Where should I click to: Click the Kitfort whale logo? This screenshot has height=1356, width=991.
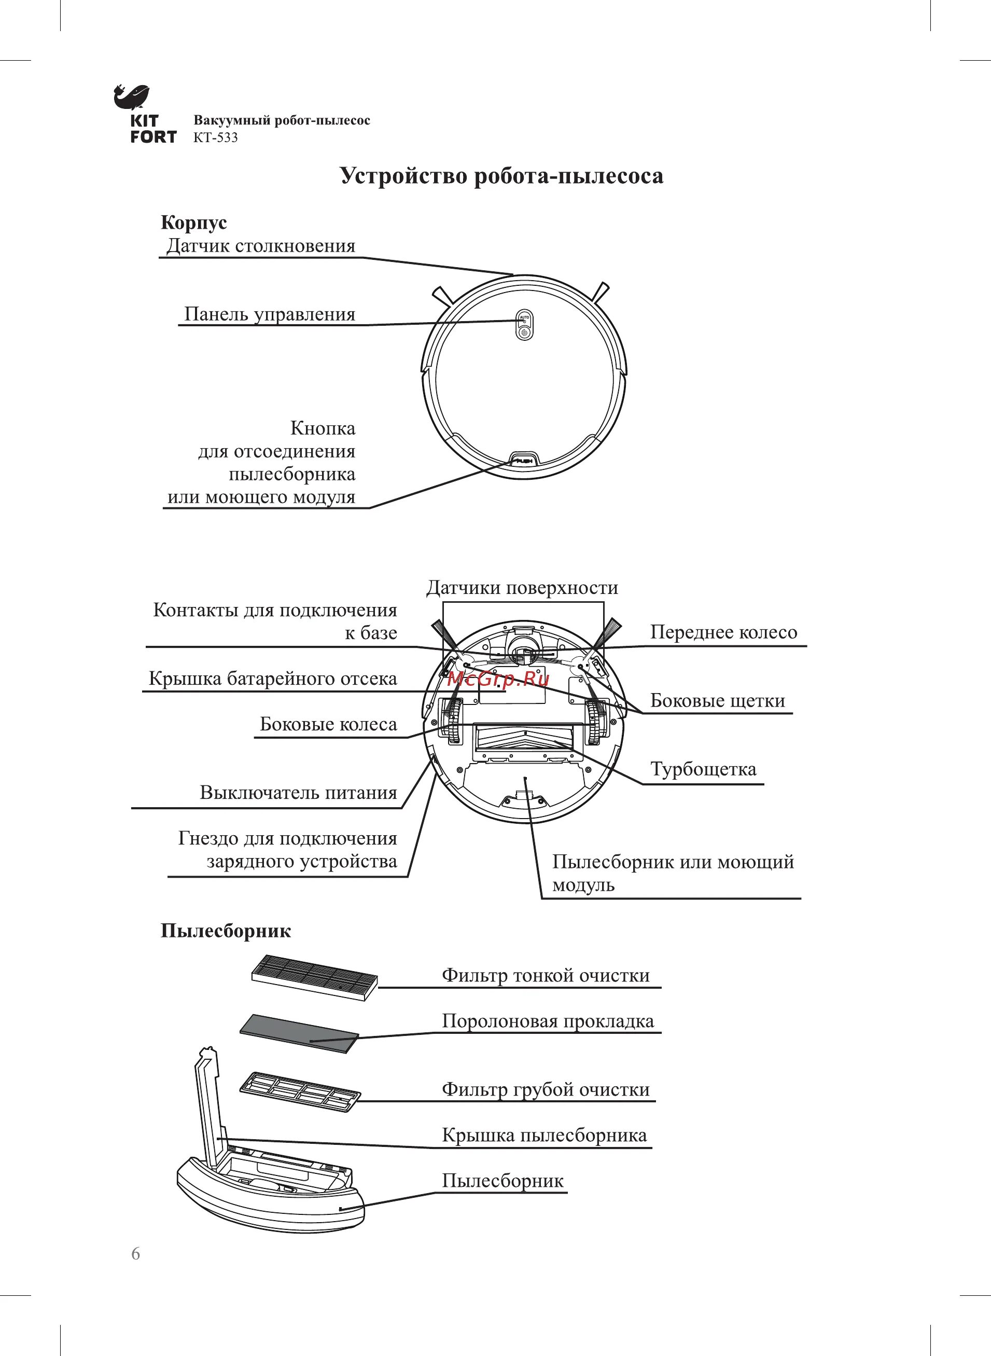(x=131, y=97)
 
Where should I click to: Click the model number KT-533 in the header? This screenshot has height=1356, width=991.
(x=215, y=137)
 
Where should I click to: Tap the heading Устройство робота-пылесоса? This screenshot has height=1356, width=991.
(x=501, y=176)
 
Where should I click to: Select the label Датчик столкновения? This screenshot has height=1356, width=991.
(x=260, y=245)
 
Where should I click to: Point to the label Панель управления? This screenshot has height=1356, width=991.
(x=269, y=314)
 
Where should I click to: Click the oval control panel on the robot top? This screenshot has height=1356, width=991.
(x=524, y=325)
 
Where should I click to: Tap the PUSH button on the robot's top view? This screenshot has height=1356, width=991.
(x=524, y=461)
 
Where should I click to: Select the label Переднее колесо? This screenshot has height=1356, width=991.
(x=723, y=632)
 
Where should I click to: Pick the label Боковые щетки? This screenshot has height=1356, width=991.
(x=718, y=700)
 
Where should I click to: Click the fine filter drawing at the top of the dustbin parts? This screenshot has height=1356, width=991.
(x=314, y=976)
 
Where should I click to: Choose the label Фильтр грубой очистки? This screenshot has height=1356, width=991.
(x=546, y=1089)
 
